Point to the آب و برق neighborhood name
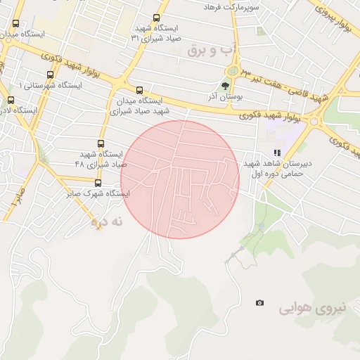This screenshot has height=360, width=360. click(214, 51)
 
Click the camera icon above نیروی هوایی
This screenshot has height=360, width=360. click(260, 302)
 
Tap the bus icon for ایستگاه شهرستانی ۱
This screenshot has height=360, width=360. click(50, 75)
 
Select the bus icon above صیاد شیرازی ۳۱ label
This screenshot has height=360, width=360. click(155, 18)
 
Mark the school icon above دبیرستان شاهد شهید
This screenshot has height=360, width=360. click(277, 153)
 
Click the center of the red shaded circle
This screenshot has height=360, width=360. click(180, 179)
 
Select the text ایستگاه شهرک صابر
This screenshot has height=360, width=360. click(96, 193)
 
